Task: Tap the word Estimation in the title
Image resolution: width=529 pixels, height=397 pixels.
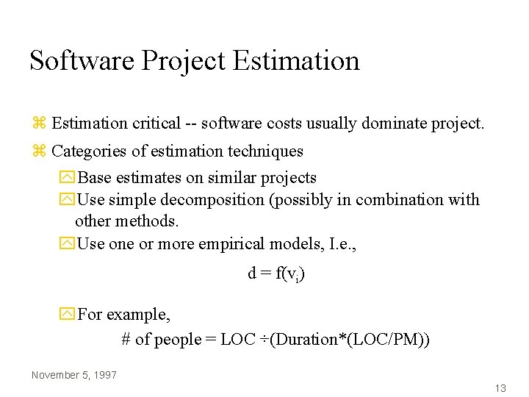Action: click(x=296, y=60)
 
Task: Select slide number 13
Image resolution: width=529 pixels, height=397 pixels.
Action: click(x=500, y=388)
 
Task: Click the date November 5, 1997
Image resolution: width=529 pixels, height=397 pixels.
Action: click(x=74, y=375)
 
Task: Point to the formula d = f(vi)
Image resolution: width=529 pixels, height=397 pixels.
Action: click(x=276, y=273)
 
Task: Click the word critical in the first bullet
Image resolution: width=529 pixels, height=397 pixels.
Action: click(x=156, y=124)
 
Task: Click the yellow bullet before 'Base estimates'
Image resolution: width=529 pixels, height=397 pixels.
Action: click(x=68, y=178)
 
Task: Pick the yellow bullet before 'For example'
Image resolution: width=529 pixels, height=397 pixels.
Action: click(x=68, y=315)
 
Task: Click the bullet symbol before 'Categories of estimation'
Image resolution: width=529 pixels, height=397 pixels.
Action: click(x=40, y=151)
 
